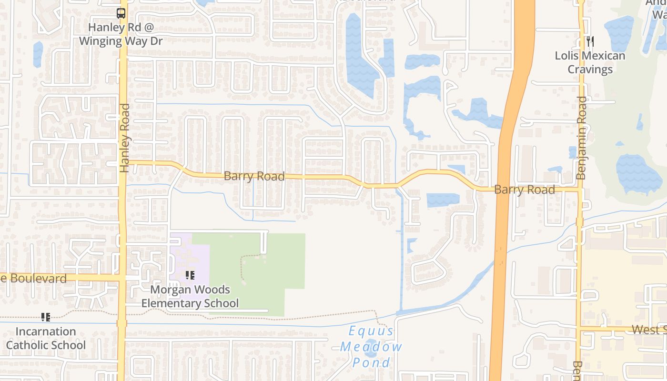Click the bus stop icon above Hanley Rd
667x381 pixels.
[121, 13]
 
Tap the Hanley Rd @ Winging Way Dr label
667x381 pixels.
[121, 34]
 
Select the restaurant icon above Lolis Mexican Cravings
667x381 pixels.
[590, 41]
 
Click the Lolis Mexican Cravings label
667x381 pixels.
[590, 62]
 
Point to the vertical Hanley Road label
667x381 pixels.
[125, 138]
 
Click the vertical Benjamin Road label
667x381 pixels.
[581, 138]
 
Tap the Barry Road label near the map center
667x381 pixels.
[254, 176]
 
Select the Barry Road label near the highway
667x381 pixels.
[524, 190]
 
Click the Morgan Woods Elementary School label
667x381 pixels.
[190, 296]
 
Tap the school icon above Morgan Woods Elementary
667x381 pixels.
[190, 275]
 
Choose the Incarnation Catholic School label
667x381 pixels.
[46, 338]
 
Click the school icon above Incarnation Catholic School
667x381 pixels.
[46, 317]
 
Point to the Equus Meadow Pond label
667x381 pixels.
[371, 346]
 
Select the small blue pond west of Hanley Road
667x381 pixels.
[38, 53]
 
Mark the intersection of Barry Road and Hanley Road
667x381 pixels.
[123, 162]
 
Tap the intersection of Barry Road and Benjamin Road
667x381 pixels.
[580, 190]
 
